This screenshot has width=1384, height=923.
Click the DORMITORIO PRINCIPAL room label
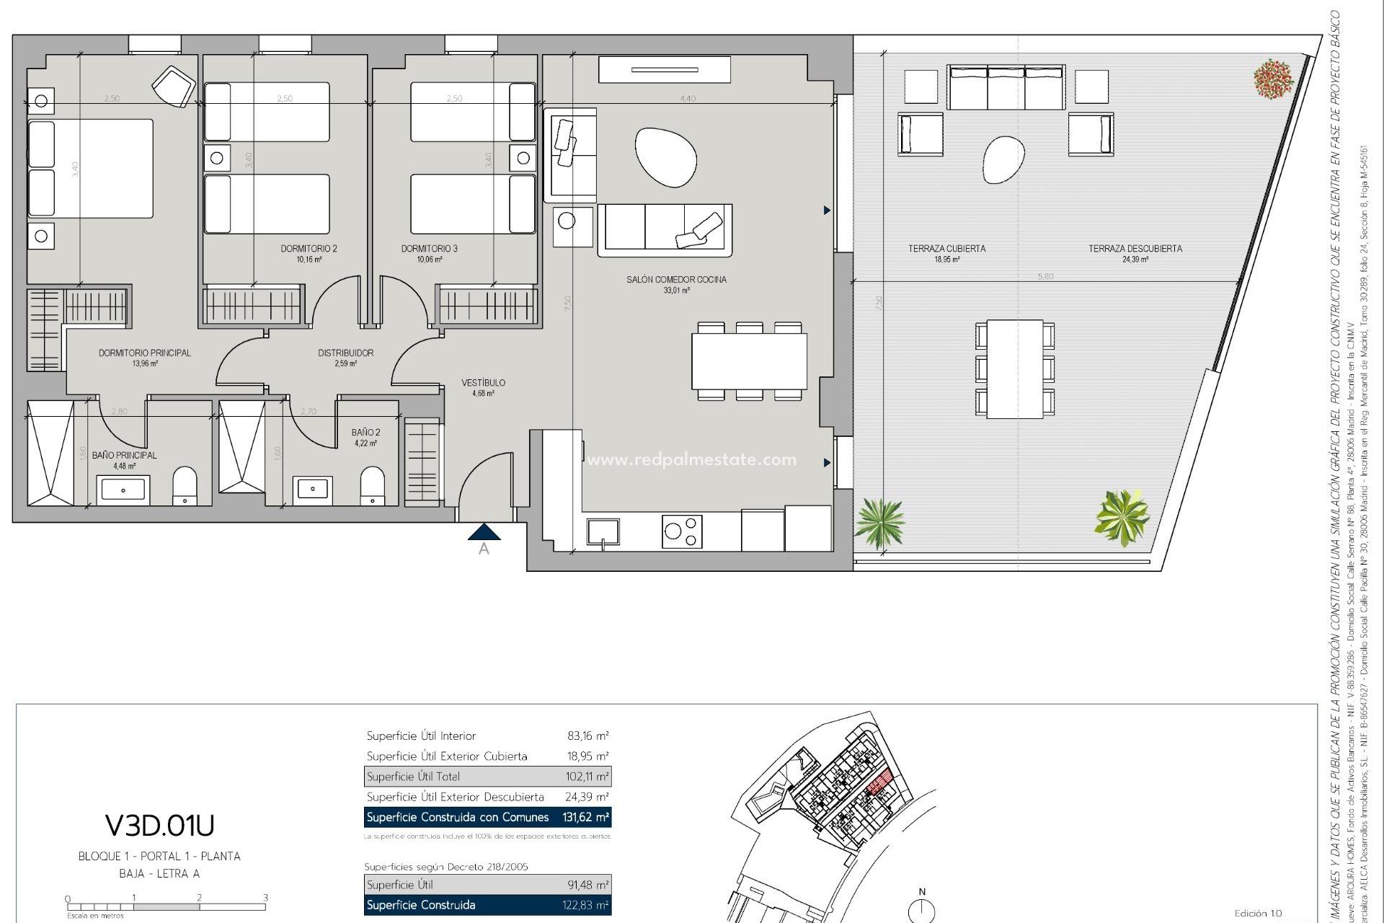click(144, 353)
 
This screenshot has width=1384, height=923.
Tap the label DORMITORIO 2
click(309, 249)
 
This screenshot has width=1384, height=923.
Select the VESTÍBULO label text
click(483, 383)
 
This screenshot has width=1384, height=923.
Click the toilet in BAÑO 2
click(372, 485)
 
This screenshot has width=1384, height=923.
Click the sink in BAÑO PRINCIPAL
click(123, 490)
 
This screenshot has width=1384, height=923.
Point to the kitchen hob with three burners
click(682, 532)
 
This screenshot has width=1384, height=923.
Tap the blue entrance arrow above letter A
click(484, 532)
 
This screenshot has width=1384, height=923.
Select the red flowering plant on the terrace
click(1273, 79)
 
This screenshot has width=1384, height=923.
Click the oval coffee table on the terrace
click(1003, 159)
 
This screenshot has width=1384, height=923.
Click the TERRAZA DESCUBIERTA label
click(1135, 249)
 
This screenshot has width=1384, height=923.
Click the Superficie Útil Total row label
click(413, 777)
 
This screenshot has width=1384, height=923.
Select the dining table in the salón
click(749, 361)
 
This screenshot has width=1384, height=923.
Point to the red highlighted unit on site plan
click(879, 785)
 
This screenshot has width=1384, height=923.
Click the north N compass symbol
click(922, 910)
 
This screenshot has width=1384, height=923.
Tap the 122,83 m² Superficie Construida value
click(586, 905)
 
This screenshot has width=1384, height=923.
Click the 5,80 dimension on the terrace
click(1044, 276)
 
